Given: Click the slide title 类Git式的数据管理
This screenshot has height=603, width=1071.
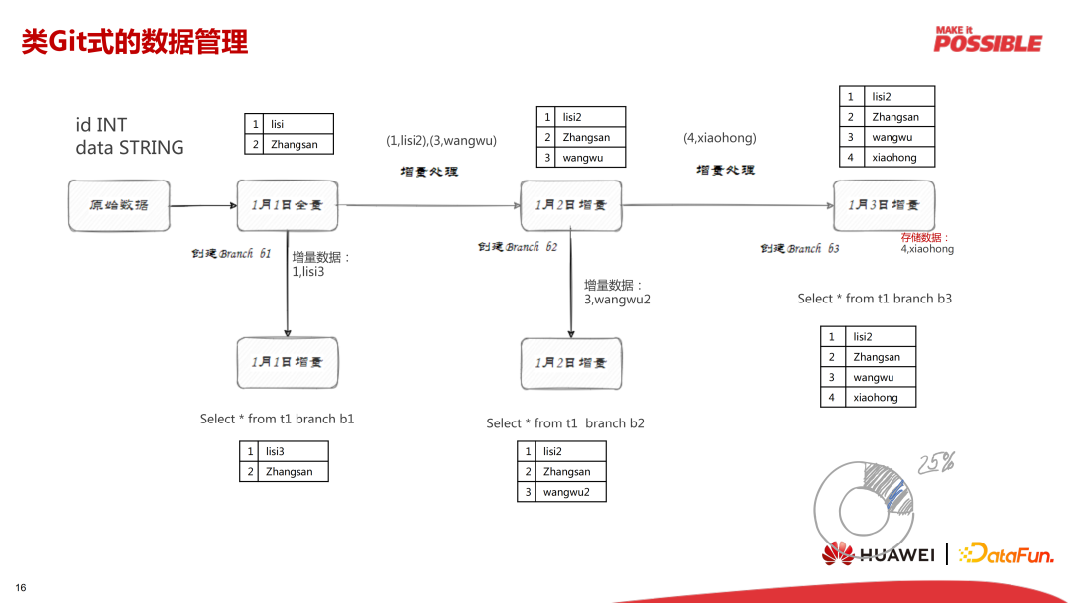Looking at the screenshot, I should click(135, 42).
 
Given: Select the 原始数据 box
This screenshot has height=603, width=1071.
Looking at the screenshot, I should click(119, 205).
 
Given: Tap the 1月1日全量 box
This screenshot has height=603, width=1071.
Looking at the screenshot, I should click(288, 205).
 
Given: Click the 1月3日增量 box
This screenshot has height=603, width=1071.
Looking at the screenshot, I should click(884, 205).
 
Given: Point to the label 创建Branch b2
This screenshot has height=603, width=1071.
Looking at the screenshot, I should click(518, 247).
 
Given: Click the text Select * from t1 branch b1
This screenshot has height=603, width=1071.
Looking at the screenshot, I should click(277, 419).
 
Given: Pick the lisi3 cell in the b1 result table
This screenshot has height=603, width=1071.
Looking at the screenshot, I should click(275, 452).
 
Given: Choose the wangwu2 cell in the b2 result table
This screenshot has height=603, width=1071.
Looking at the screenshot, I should click(566, 492).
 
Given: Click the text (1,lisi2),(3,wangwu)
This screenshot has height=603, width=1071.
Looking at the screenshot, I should click(441, 140).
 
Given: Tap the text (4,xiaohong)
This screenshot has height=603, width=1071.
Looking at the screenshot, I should click(720, 138).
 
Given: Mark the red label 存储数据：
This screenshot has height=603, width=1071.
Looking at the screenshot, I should click(925, 238).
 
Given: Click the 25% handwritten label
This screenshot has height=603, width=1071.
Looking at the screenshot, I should click(936, 462).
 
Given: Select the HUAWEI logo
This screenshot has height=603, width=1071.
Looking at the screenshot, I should click(879, 554).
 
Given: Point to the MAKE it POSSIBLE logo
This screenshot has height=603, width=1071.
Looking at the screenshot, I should click(988, 39).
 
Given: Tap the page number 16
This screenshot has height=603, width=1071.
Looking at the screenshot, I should click(20, 588).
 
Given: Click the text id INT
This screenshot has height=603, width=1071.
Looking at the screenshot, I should click(101, 125).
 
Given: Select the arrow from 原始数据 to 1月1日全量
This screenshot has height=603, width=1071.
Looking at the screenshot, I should click(203, 206).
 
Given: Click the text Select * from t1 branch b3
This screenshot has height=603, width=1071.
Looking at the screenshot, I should click(875, 299).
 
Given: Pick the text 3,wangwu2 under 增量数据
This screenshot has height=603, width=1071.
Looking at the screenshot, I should click(617, 300).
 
